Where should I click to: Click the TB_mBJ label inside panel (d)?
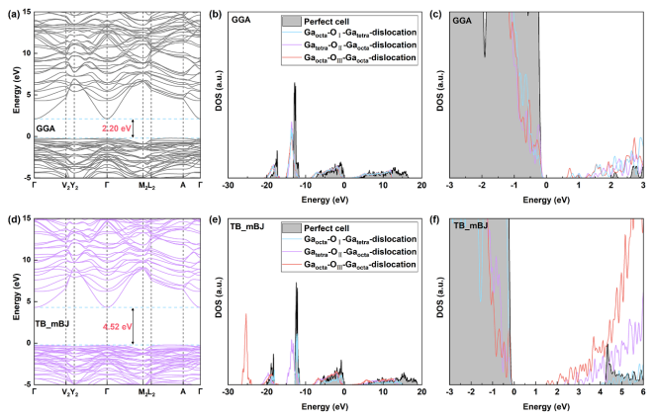pos(53,322)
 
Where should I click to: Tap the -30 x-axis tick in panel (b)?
pos(228,185)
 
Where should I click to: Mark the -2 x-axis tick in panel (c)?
pos(483,185)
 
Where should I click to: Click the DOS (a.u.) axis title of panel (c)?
pos(441,94)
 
